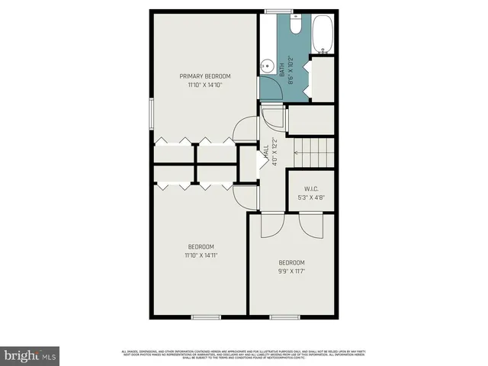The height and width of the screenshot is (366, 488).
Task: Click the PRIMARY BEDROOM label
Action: [x=204, y=76]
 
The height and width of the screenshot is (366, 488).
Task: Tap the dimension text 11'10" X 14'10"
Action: [x=204, y=85]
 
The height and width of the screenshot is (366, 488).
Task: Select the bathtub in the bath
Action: [x=324, y=35]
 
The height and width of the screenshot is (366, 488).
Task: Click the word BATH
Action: [x=281, y=69]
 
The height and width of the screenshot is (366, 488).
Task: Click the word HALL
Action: [x=265, y=152]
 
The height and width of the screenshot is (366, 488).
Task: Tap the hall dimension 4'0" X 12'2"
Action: [x=274, y=152]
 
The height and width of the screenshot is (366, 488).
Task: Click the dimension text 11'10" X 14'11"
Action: [x=201, y=255]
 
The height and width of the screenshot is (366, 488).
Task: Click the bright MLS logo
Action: [x=30, y=355]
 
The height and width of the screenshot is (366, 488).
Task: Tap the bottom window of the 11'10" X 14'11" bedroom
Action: [x=205, y=316]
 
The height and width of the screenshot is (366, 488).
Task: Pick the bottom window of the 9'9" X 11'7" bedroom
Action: [x=283, y=316]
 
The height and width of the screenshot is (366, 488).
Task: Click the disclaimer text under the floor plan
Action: [x=245, y=354]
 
